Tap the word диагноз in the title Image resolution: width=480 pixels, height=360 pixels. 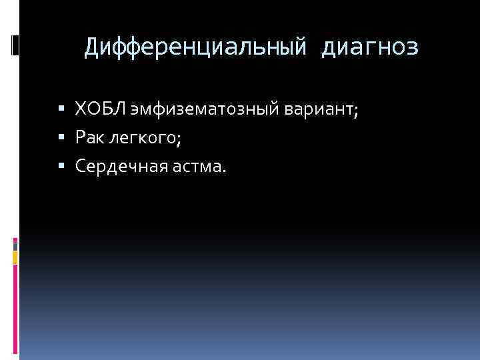370,47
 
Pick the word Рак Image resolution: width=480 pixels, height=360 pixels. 90,137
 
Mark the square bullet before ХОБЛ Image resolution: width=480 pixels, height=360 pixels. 62,107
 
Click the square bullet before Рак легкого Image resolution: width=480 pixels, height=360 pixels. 62,137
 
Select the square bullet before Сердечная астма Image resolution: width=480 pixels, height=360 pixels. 62,165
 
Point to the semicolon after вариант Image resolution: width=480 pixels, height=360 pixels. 356,110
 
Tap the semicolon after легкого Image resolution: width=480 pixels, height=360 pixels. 179,139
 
